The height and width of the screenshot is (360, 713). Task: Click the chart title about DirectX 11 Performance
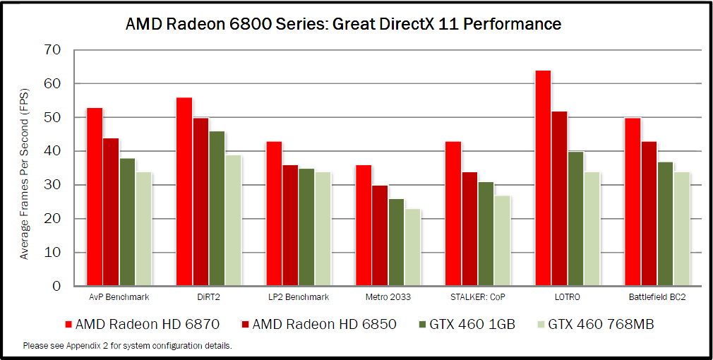pos(343,24)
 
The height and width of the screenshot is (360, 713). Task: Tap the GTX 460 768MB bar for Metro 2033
pos(412,247)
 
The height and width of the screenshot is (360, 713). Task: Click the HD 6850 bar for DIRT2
pos(200,202)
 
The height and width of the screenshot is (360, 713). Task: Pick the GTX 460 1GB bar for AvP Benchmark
pos(127,222)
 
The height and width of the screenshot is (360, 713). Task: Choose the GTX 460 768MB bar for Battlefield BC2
pos(681,229)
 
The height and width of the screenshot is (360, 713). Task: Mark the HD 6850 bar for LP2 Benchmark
pos(290,226)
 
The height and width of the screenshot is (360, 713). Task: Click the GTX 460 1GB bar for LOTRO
pos(576,219)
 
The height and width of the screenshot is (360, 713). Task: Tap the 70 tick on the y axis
pos(53,50)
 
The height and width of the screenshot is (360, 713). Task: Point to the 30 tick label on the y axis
pos(53,185)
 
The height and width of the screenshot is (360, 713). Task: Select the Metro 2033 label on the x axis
pos(388,297)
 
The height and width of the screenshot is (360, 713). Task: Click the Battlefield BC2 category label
pos(657,297)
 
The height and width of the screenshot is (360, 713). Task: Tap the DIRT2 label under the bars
pos(209,297)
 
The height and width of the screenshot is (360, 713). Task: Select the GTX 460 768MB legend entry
pos(601,324)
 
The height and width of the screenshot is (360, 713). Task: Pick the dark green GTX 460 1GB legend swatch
pos(421,325)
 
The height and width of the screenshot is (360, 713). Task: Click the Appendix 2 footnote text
pos(127,346)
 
